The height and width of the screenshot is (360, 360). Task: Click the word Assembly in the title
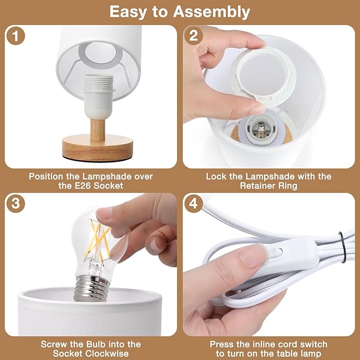coord(212,12)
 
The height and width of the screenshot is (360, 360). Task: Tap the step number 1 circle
coord(15,36)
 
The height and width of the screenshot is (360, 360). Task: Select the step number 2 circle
coord(194,36)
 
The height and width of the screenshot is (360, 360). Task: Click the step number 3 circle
coord(15,204)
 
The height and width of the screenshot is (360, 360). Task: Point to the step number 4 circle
coord(194,204)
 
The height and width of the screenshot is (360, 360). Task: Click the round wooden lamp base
coord(98,147)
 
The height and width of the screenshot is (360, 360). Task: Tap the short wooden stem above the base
coord(98,129)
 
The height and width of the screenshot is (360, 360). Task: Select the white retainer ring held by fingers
coord(264,76)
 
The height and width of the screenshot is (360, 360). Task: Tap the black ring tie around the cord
coord(342,247)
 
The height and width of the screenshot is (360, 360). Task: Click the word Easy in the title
coord(128,12)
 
